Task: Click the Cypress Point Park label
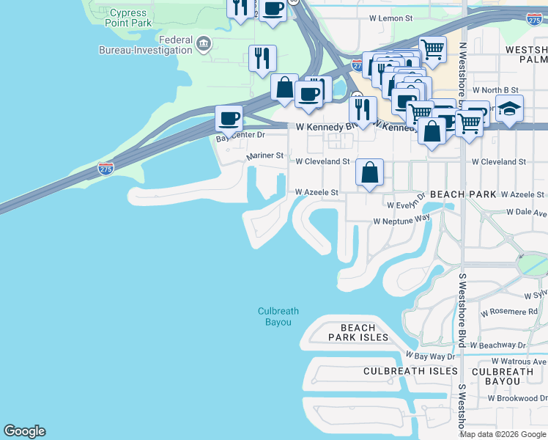[x=130, y=18]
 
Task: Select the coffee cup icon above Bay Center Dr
[x=229, y=118]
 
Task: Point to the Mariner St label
[x=264, y=156]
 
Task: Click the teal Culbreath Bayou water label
[x=278, y=317]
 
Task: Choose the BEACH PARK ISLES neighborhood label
[x=358, y=332]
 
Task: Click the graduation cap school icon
[x=509, y=109]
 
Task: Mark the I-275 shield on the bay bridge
[x=105, y=169]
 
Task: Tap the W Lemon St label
[x=391, y=17]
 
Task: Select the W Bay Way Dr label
[x=430, y=356]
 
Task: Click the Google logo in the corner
[x=25, y=431]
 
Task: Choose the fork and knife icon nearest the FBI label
[x=262, y=58]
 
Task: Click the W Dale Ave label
[x=527, y=213]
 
